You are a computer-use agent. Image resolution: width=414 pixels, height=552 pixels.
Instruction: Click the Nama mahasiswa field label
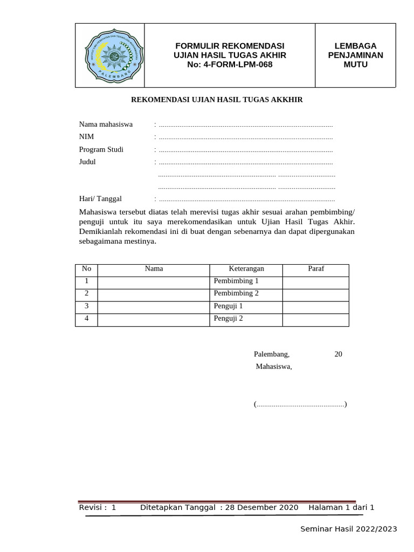[106, 125]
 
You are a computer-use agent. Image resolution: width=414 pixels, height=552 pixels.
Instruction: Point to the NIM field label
[86, 137]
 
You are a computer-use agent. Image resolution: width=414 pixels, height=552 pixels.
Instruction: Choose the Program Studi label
[101, 149]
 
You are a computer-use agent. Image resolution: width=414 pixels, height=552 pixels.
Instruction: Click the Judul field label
[87, 162]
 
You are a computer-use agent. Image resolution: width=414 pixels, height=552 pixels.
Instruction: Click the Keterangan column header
[246, 269]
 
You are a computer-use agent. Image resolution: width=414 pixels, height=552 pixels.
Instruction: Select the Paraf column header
[315, 269]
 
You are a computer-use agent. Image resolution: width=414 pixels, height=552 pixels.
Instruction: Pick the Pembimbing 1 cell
[236, 281]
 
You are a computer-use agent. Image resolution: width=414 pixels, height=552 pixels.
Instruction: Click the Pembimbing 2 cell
[236, 294]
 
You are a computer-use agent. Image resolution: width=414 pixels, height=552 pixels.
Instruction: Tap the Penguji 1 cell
[228, 306]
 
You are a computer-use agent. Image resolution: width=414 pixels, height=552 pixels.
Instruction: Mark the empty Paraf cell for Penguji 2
[315, 319]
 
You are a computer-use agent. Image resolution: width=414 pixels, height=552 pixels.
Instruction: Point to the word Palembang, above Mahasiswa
[272, 354]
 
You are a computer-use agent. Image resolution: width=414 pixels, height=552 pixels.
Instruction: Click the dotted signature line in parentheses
[300, 404]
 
